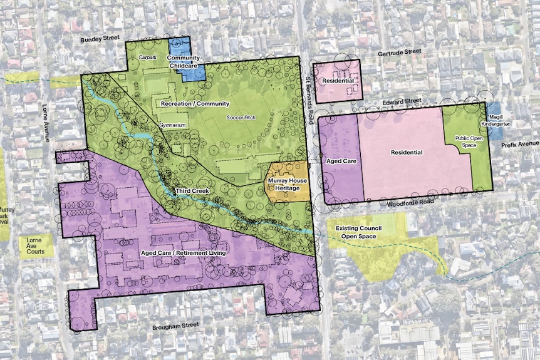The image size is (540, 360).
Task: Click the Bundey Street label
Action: [x=100, y=39]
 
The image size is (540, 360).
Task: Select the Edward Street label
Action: [x=405, y=101]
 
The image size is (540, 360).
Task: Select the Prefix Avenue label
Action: [x=520, y=144]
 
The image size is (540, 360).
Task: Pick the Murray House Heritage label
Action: [x=288, y=185]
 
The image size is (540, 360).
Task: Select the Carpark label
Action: [x=148, y=56]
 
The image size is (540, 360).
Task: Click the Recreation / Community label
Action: [x=195, y=103]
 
